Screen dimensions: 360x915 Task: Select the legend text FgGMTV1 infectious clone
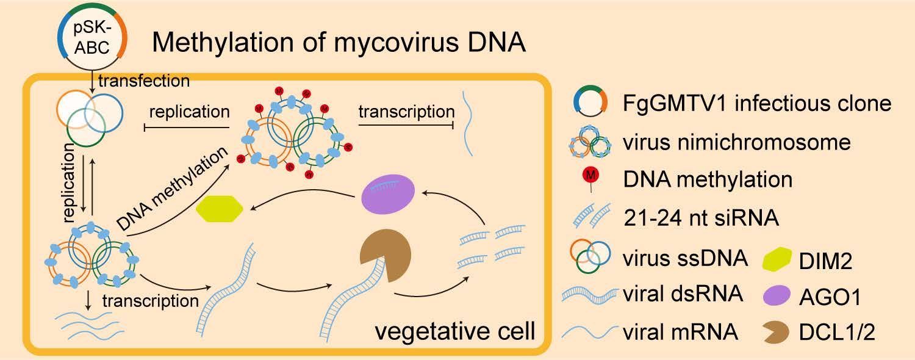coord(757,104)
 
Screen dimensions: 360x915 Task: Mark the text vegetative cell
coord(454,333)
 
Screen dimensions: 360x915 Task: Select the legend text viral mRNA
coord(681,333)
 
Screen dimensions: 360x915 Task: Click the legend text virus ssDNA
coord(686,258)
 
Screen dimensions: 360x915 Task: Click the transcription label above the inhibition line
coord(406,112)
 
